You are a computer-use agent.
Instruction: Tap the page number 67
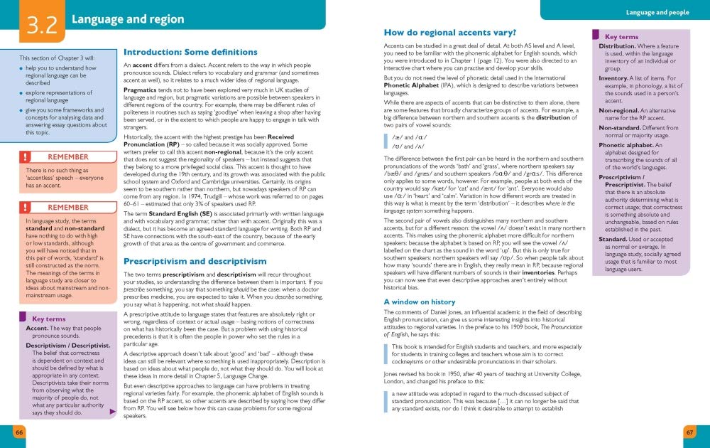click(689, 432)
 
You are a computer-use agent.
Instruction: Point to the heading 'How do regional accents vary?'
click(449, 32)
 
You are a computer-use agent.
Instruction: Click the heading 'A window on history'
click(420, 302)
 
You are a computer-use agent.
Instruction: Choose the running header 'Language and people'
click(657, 12)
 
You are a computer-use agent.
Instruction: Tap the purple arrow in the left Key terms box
click(112, 412)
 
